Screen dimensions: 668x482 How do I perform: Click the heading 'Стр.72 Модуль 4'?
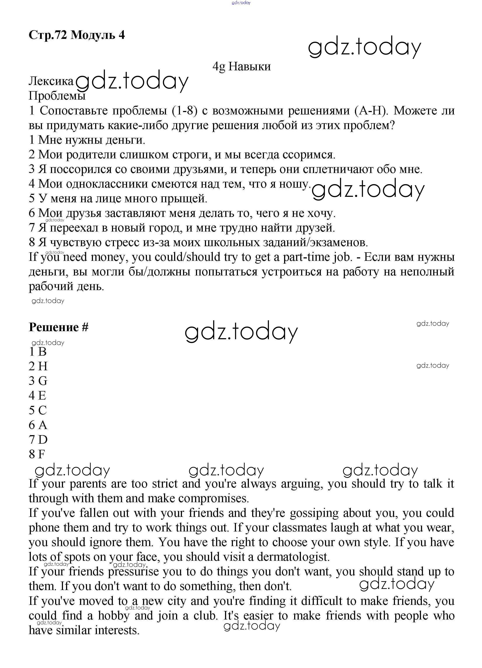pos(77,35)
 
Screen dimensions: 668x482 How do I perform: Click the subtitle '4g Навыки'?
pos(241,67)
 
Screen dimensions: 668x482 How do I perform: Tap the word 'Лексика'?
pos(51,81)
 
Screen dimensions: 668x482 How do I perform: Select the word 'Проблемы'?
pos(57,96)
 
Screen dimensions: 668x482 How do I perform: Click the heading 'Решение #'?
pos(58,327)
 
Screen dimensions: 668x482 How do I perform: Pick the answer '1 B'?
pos(38,351)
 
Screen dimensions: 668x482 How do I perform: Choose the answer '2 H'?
pos(38,366)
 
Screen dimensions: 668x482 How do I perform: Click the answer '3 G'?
pos(38,381)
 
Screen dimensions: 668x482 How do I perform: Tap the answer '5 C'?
pos(38,410)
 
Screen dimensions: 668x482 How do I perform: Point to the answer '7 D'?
pos(38,440)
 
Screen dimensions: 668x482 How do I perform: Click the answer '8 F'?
pos(37,454)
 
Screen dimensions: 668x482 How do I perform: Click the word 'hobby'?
pos(114,616)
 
